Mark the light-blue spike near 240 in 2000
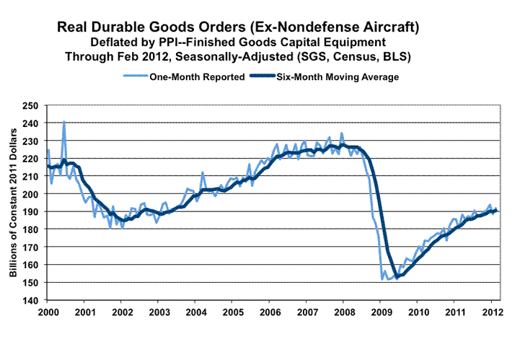coord(64,121)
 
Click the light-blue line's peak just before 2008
coord(342,133)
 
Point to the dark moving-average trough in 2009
coord(397,276)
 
